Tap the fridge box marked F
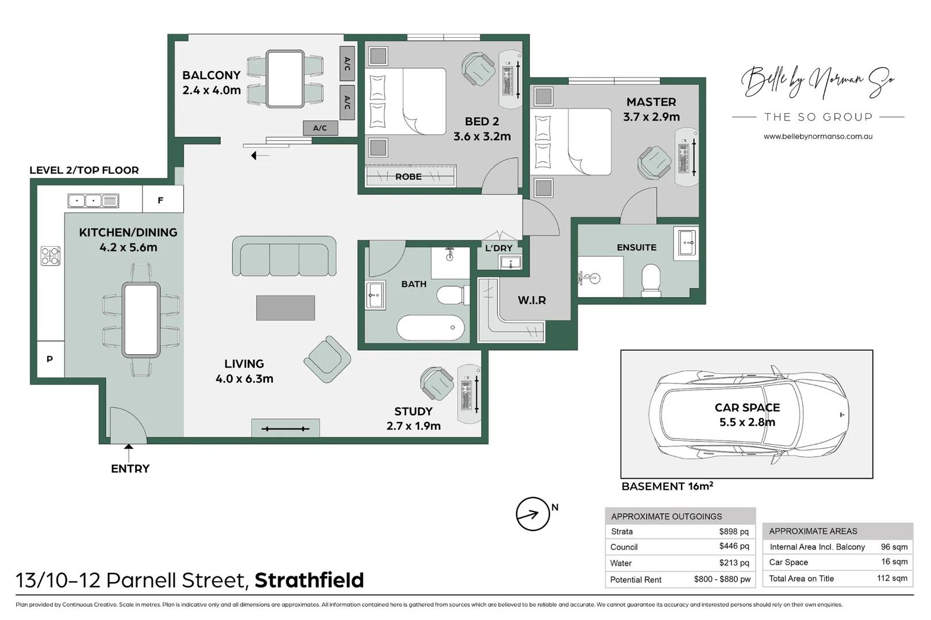pos(160,200)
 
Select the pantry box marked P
pos(50,359)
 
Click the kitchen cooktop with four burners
pos(51,255)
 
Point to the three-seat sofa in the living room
pos(284,257)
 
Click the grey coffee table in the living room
pos(285,308)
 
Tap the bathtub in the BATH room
pos(430,328)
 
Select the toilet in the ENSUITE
pos(651,280)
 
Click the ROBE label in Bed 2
pos(408,177)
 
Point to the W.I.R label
pos(532,300)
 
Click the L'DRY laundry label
pos(498,248)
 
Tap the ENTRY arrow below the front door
pos(129,451)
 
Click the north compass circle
pos(533,514)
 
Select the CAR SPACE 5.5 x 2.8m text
pos(747,414)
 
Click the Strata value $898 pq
pos(734,532)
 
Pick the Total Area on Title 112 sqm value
pos(892,578)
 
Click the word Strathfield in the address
pos(309,580)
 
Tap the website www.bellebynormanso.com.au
pos(818,137)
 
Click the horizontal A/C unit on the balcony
pos(320,128)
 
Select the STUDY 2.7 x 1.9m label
pos(413,418)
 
